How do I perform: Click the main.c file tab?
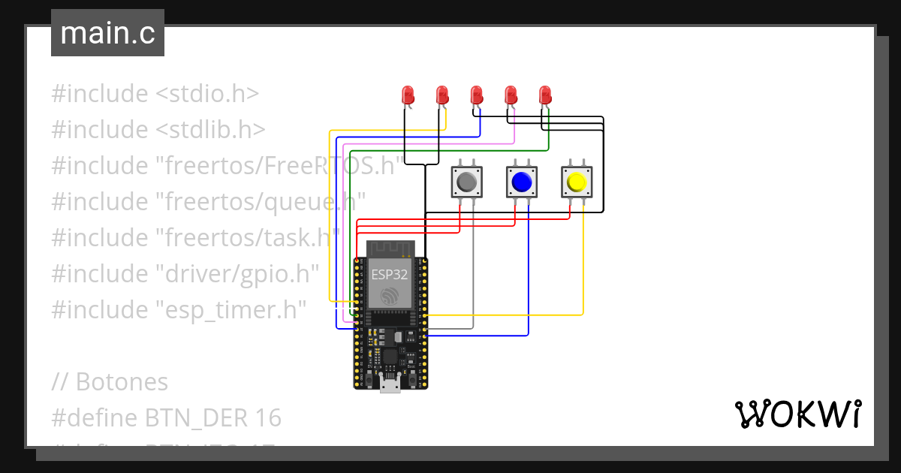tap(107, 33)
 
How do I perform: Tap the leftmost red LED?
tap(408, 95)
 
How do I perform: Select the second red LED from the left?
tap(442, 95)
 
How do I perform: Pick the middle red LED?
tap(476, 95)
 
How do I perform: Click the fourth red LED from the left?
tap(511, 95)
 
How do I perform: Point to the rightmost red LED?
tap(545, 95)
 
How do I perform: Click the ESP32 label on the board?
tap(390, 275)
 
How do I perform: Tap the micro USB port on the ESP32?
tap(390, 384)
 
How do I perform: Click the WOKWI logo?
tap(797, 414)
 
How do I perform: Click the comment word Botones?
tap(122, 381)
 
